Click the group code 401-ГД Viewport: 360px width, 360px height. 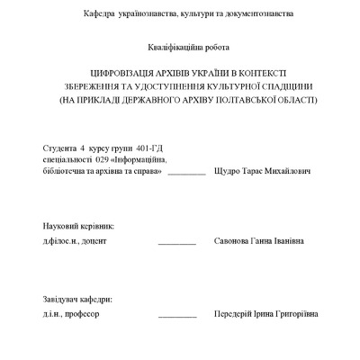click(x=148, y=147)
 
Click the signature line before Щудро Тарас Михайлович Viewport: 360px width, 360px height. click(x=187, y=172)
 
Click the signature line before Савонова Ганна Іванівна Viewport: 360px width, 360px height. click(x=177, y=244)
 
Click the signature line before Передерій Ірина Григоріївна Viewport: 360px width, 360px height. click(x=177, y=317)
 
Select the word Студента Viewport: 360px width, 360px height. click(x=59, y=147)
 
